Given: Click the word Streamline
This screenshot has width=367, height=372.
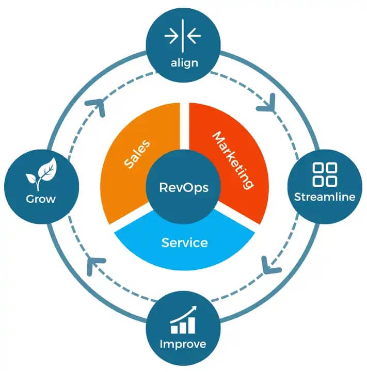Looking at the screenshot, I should tap(325, 197).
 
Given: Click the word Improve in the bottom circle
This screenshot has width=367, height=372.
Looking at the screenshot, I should tap(183, 344).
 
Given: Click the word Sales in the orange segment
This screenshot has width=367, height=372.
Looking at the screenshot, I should tap(137, 153).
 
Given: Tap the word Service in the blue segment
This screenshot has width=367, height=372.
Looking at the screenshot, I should tap(184, 242).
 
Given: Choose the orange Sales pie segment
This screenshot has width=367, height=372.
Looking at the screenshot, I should tap(129, 170).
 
